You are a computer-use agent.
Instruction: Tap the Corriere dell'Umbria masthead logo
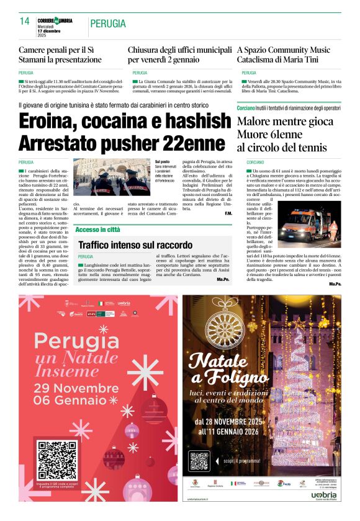tap(55, 20)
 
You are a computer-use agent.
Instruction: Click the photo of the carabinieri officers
tap(112, 177)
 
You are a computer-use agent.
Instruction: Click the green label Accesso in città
tap(98, 229)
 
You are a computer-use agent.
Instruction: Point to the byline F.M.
tap(228, 214)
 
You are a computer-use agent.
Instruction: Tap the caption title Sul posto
tap(161, 161)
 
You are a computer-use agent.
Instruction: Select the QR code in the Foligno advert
tap(200, 461)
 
